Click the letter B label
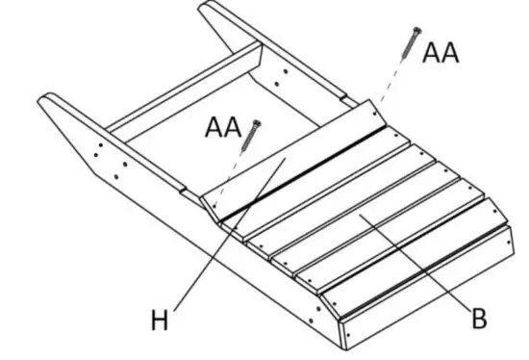[x=478, y=318]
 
